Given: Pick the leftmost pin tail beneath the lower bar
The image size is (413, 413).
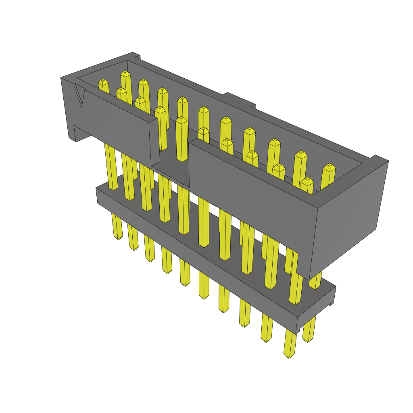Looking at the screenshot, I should click(117, 226).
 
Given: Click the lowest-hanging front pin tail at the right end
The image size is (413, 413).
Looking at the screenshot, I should click(290, 343).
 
